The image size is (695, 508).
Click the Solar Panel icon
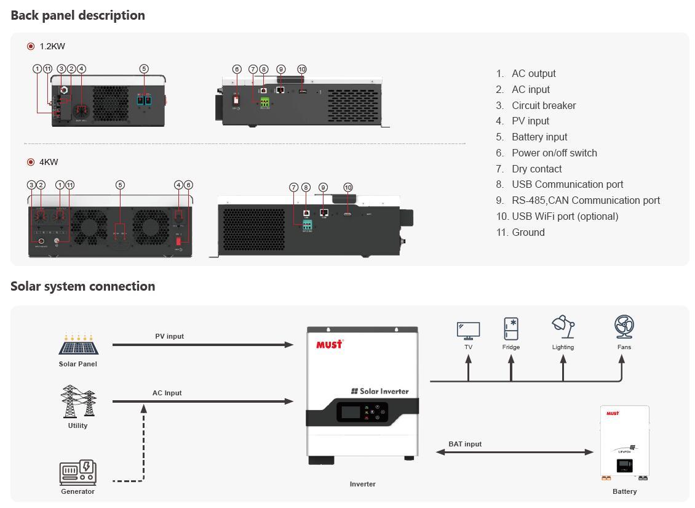click(78, 344)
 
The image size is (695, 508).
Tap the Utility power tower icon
click(78, 401)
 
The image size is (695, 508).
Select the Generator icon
click(78, 472)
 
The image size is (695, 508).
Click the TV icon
click(468, 330)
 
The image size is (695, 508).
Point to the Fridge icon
click(510, 329)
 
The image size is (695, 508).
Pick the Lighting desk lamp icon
click(563, 327)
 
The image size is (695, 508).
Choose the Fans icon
click(624, 327)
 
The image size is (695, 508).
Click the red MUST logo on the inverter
click(329, 344)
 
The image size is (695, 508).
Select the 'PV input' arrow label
click(169, 336)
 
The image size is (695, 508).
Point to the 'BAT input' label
click(465, 444)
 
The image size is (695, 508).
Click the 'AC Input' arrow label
click(167, 393)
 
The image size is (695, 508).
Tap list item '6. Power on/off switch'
click(546, 153)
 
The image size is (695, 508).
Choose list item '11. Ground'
click(520, 232)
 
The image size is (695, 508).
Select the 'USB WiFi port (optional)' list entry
click(557, 216)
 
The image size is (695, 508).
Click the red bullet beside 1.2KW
click(31, 46)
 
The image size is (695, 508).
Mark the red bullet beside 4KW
click(31, 162)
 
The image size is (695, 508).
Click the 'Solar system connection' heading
click(83, 286)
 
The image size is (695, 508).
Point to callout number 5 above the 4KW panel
click(120, 185)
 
